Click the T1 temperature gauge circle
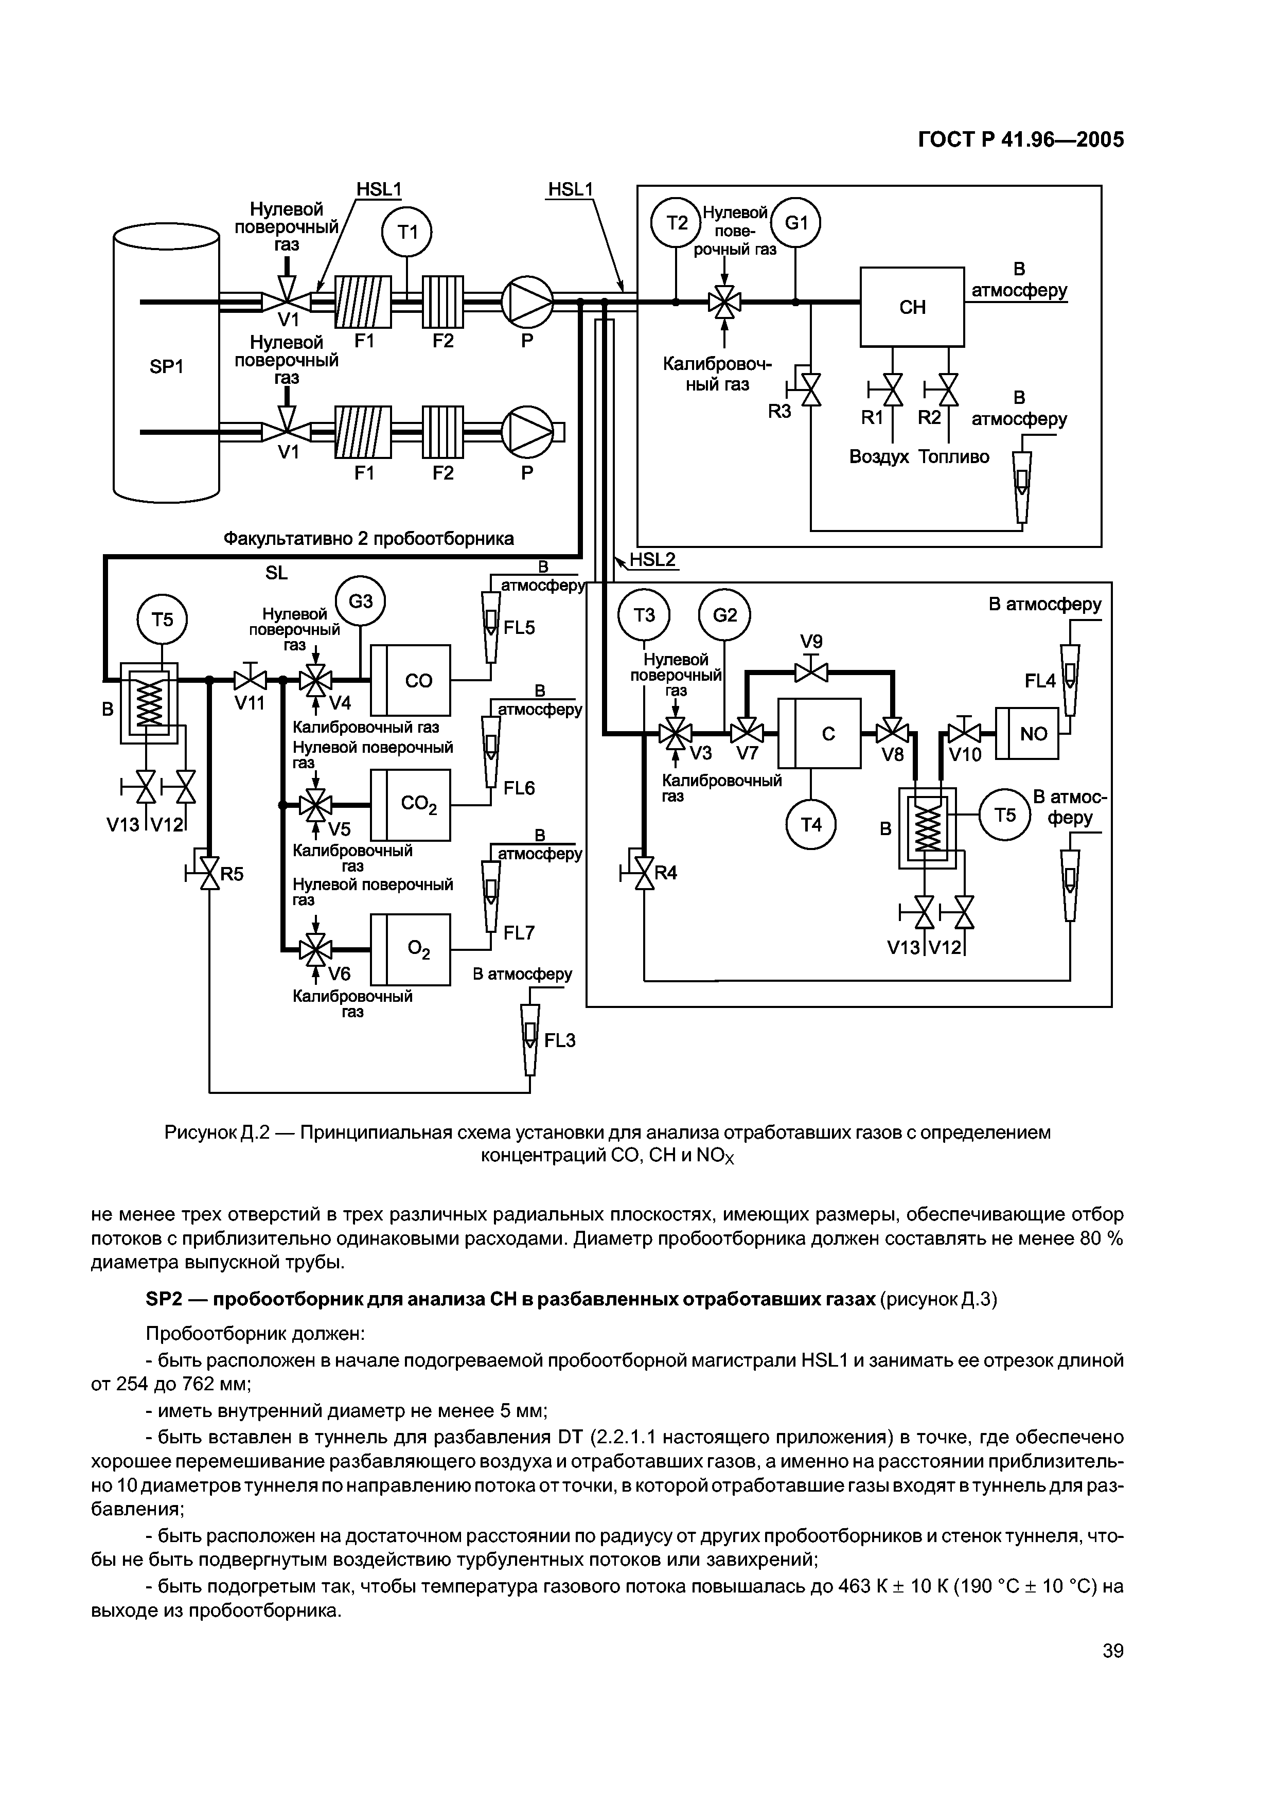pos(406,232)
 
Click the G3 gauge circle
pos(360,601)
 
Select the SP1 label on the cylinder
pos(166,366)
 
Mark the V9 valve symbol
pos(811,672)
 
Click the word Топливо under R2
pos(954,457)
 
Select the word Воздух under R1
pos(879,457)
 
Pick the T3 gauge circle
pos(643,615)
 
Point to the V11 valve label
pos(250,703)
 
